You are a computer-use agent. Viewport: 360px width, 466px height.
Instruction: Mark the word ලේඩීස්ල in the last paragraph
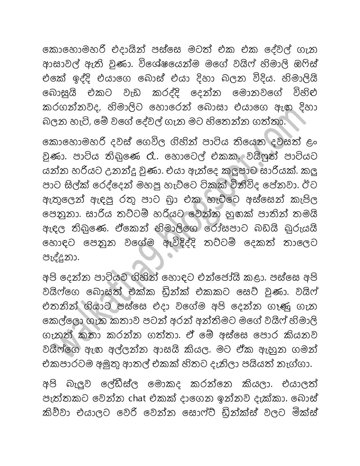point(116,385)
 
